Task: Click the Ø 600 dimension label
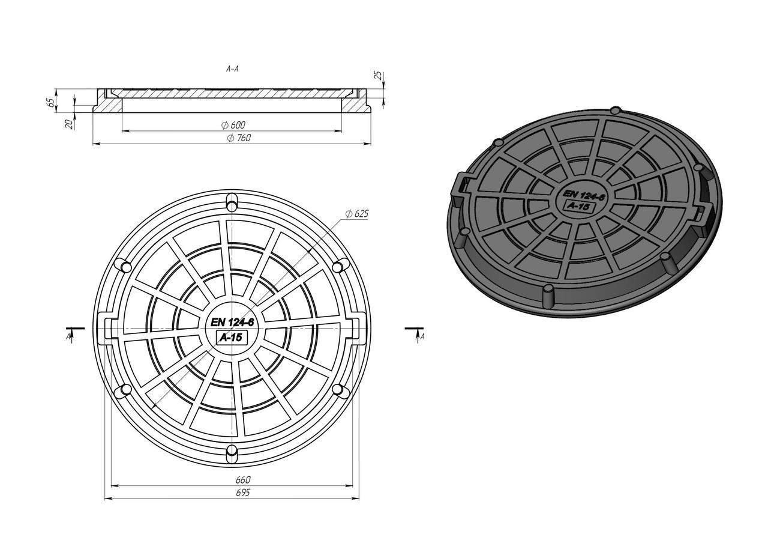(x=233, y=125)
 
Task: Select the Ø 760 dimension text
(x=239, y=138)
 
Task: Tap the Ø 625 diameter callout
(x=357, y=214)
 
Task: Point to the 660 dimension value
(x=243, y=479)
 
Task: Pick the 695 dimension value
(x=243, y=493)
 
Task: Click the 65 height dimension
(x=50, y=102)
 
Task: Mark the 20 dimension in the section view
(x=70, y=124)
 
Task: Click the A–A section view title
(x=232, y=69)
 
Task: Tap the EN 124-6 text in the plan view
(x=232, y=322)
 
